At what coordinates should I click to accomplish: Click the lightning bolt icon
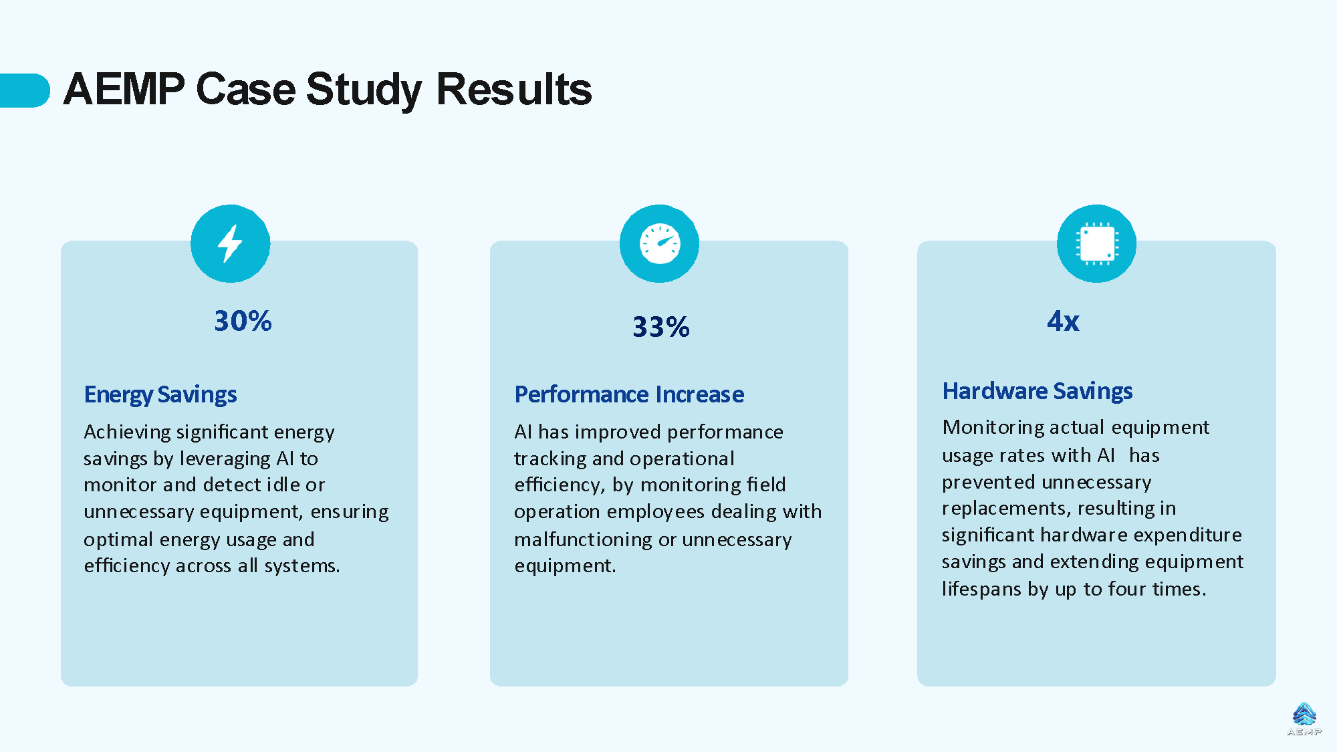point(230,243)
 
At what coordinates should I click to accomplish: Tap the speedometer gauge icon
point(660,243)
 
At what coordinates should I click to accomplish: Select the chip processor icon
point(1096,243)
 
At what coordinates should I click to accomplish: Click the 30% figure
point(243,321)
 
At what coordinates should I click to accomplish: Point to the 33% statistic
point(660,327)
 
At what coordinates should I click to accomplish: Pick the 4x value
point(1063,321)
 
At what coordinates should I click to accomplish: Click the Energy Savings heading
point(160,394)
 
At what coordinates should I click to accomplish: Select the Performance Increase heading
point(629,394)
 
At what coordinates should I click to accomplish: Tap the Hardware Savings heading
point(1038,391)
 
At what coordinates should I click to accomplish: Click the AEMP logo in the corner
point(1304,719)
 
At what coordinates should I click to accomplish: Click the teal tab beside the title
point(25,90)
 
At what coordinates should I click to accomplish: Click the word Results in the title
point(514,90)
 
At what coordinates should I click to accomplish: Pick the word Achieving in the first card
point(127,432)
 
